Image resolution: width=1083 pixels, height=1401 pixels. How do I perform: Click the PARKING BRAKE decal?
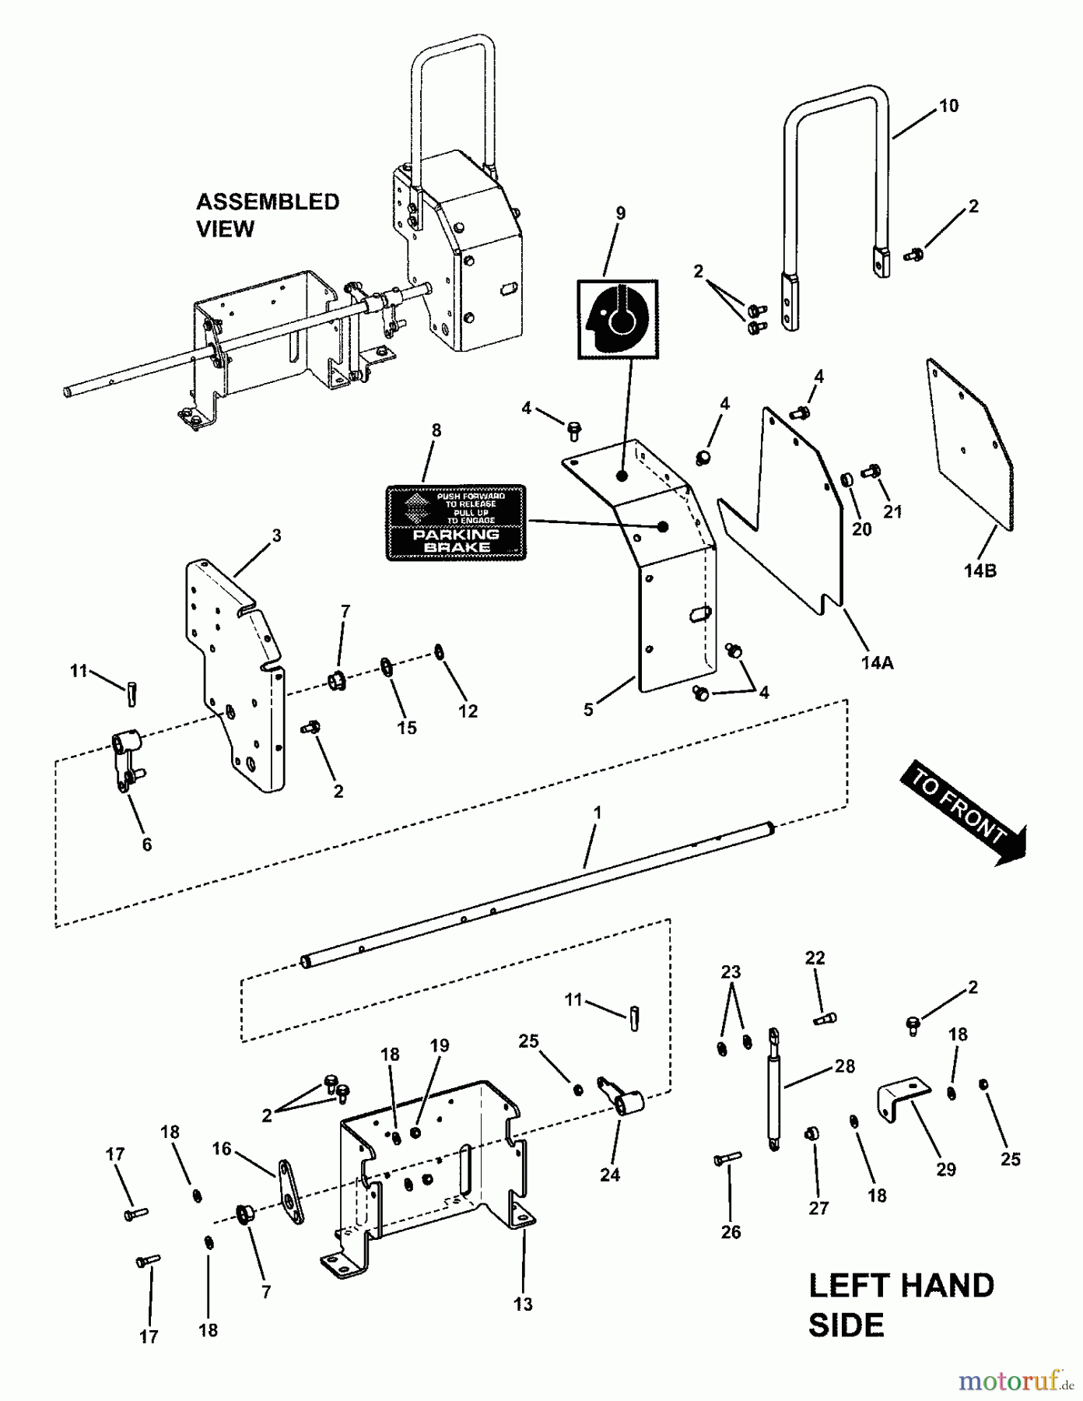pyautogui.click(x=456, y=522)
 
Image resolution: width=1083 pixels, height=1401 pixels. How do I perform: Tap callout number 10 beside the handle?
pyautogui.click(x=948, y=106)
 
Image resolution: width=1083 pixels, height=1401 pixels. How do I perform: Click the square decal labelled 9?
pyautogui.click(x=617, y=319)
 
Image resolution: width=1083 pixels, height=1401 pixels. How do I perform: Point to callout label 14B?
pyautogui.click(x=980, y=571)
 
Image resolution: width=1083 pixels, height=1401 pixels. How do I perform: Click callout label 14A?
pyautogui.click(x=877, y=662)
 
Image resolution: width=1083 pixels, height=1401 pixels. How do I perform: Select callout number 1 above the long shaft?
pyautogui.click(x=598, y=812)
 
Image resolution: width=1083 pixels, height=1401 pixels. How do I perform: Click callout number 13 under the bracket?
pyautogui.click(x=523, y=1304)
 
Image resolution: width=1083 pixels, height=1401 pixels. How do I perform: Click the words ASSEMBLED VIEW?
pyautogui.click(x=267, y=215)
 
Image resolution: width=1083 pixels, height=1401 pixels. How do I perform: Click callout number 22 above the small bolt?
pyautogui.click(x=815, y=958)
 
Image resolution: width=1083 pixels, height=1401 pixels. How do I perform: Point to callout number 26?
pyautogui.click(x=731, y=1232)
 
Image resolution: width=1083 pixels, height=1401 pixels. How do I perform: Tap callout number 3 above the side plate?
pyautogui.click(x=276, y=535)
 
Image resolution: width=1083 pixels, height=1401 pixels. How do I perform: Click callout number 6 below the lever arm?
pyautogui.click(x=146, y=844)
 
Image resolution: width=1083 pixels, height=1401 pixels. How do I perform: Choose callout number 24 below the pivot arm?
pyautogui.click(x=609, y=1175)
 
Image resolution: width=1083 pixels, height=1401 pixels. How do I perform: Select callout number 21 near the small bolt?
pyautogui.click(x=892, y=511)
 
